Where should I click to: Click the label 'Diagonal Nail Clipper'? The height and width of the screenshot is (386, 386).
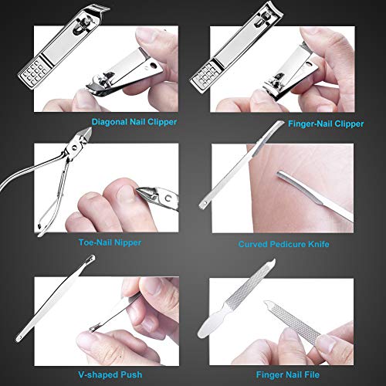[133, 122]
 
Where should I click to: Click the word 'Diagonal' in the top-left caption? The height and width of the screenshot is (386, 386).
[110, 122]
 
